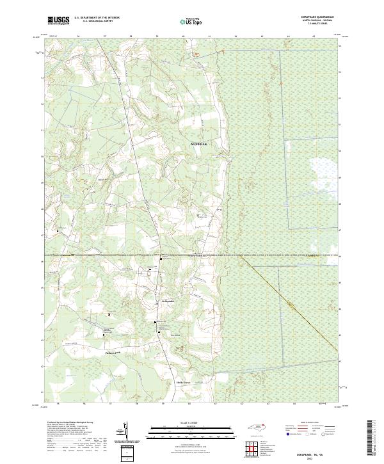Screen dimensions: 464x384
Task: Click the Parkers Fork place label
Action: coord(113,352)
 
